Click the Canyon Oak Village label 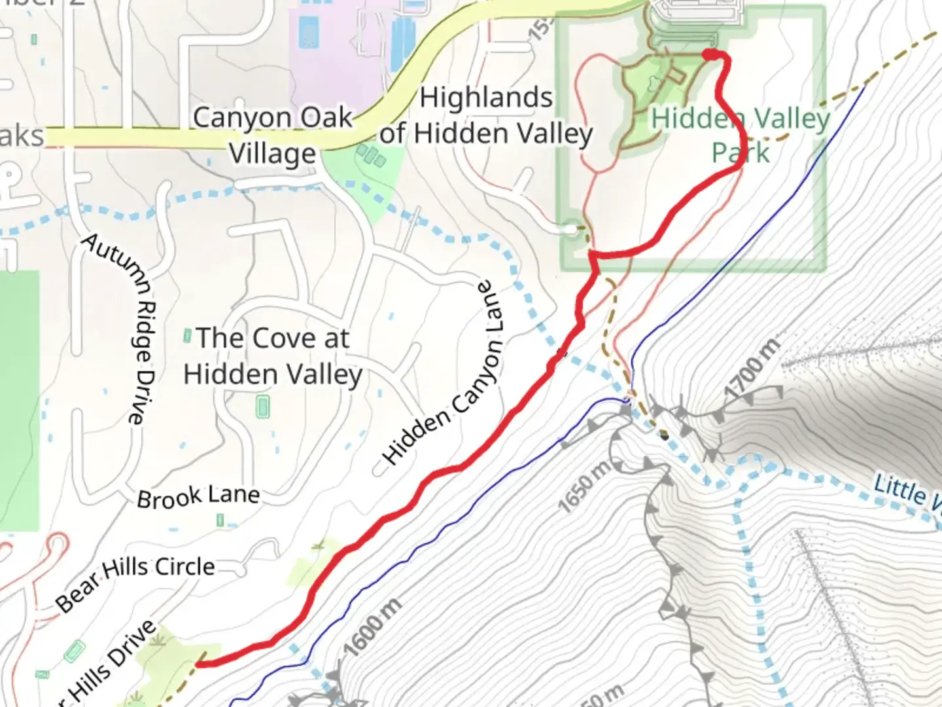pyautogui.click(x=272, y=136)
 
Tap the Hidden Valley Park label pyautogui.click(x=741, y=136)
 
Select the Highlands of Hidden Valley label pyautogui.click(x=486, y=115)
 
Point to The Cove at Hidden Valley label pyautogui.click(x=273, y=356)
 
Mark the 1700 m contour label pyautogui.click(x=752, y=369)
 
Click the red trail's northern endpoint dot pyautogui.click(x=709, y=55)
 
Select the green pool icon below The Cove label pyautogui.click(x=263, y=407)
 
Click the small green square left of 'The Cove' pyautogui.click(x=187, y=336)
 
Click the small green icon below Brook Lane pyautogui.click(x=220, y=520)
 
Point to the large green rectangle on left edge pyautogui.click(x=18, y=399)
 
